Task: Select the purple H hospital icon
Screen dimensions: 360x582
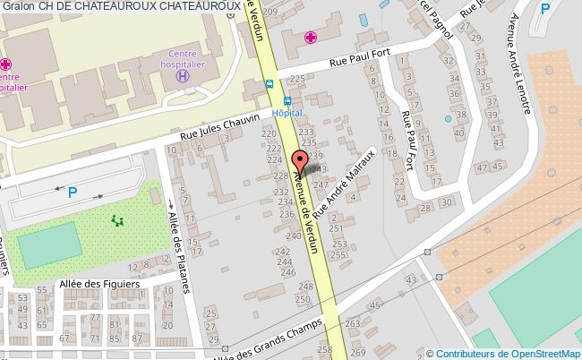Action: click(183, 77)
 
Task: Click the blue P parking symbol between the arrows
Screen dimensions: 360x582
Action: click(73, 192)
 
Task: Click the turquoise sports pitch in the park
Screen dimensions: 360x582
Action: click(48, 250)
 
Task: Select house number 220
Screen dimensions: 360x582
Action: click(269, 133)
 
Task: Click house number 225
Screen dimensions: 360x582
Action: click(297, 80)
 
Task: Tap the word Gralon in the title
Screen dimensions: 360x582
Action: click(18, 8)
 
